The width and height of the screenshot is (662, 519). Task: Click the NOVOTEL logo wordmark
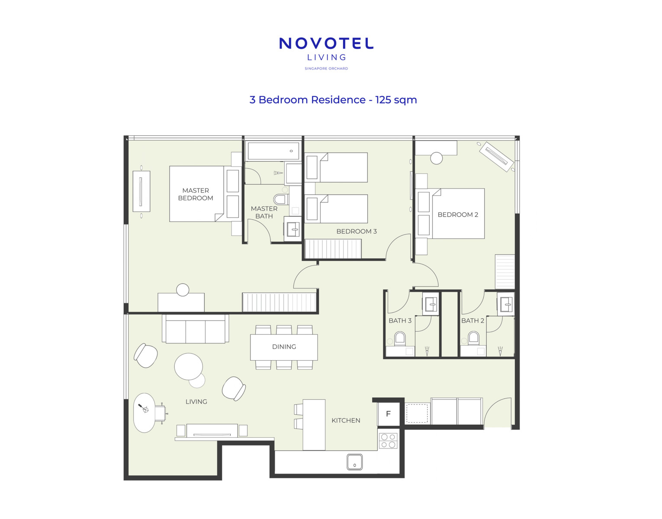(326, 44)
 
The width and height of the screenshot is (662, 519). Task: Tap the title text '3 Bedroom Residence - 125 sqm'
(333, 100)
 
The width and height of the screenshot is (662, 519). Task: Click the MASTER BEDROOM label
(196, 194)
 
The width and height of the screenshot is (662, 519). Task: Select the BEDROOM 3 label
(357, 231)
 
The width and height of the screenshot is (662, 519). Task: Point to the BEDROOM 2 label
(458, 215)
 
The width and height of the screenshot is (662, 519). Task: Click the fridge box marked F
(389, 414)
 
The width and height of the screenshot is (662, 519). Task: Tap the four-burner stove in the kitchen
(389, 441)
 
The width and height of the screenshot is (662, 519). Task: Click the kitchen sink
(355, 462)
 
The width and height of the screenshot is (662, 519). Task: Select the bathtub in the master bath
(273, 151)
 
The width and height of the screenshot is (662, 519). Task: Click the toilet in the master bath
(281, 200)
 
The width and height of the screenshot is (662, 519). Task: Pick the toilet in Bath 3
(400, 339)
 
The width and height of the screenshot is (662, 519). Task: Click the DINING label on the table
(284, 347)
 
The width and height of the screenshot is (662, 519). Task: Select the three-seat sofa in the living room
(195, 329)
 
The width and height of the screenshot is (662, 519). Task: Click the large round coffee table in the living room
(189, 366)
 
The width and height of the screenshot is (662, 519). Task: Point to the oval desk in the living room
(145, 413)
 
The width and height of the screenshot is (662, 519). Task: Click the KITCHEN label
(346, 420)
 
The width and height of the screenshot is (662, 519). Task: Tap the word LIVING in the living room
(196, 401)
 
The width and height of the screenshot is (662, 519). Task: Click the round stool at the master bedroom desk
(183, 290)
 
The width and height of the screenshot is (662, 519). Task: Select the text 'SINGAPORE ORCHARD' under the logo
(326, 68)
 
